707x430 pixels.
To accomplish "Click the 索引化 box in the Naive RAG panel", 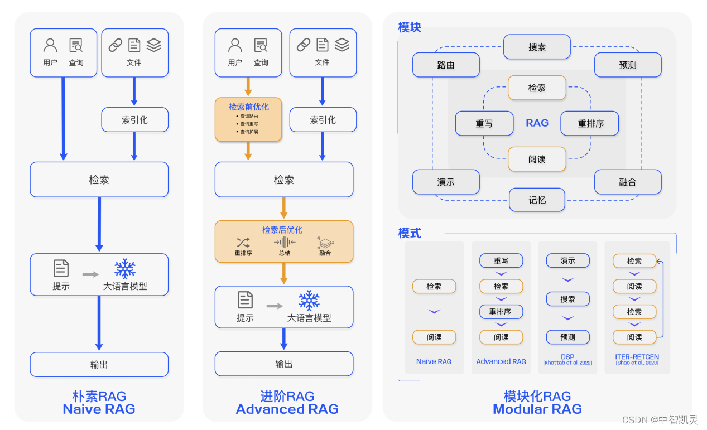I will (134, 119).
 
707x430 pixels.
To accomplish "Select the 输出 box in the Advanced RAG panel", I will (283, 364).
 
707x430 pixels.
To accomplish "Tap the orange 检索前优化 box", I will (248, 119).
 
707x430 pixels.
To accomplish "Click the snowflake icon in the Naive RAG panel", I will (125, 269).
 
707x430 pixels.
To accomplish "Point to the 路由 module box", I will (446, 65).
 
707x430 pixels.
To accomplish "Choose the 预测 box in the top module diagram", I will (628, 65).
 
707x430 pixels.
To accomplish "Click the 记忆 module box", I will (537, 200).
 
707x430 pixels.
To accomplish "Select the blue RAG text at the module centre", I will (537, 123).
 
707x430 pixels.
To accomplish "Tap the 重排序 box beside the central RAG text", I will (590, 123).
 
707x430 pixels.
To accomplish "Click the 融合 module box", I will (628, 182).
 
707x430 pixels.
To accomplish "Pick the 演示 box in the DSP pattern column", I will (567, 260).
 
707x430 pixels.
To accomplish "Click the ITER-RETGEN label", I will (637, 357).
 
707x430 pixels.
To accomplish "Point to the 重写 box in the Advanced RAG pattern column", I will (501, 260).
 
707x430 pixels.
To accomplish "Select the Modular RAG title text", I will (537, 409).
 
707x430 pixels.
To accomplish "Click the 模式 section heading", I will (410, 233).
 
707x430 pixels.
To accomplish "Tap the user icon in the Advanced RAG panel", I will (235, 45).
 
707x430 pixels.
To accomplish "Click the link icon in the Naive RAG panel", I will (116, 45).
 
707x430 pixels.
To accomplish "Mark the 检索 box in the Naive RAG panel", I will (99, 180).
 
